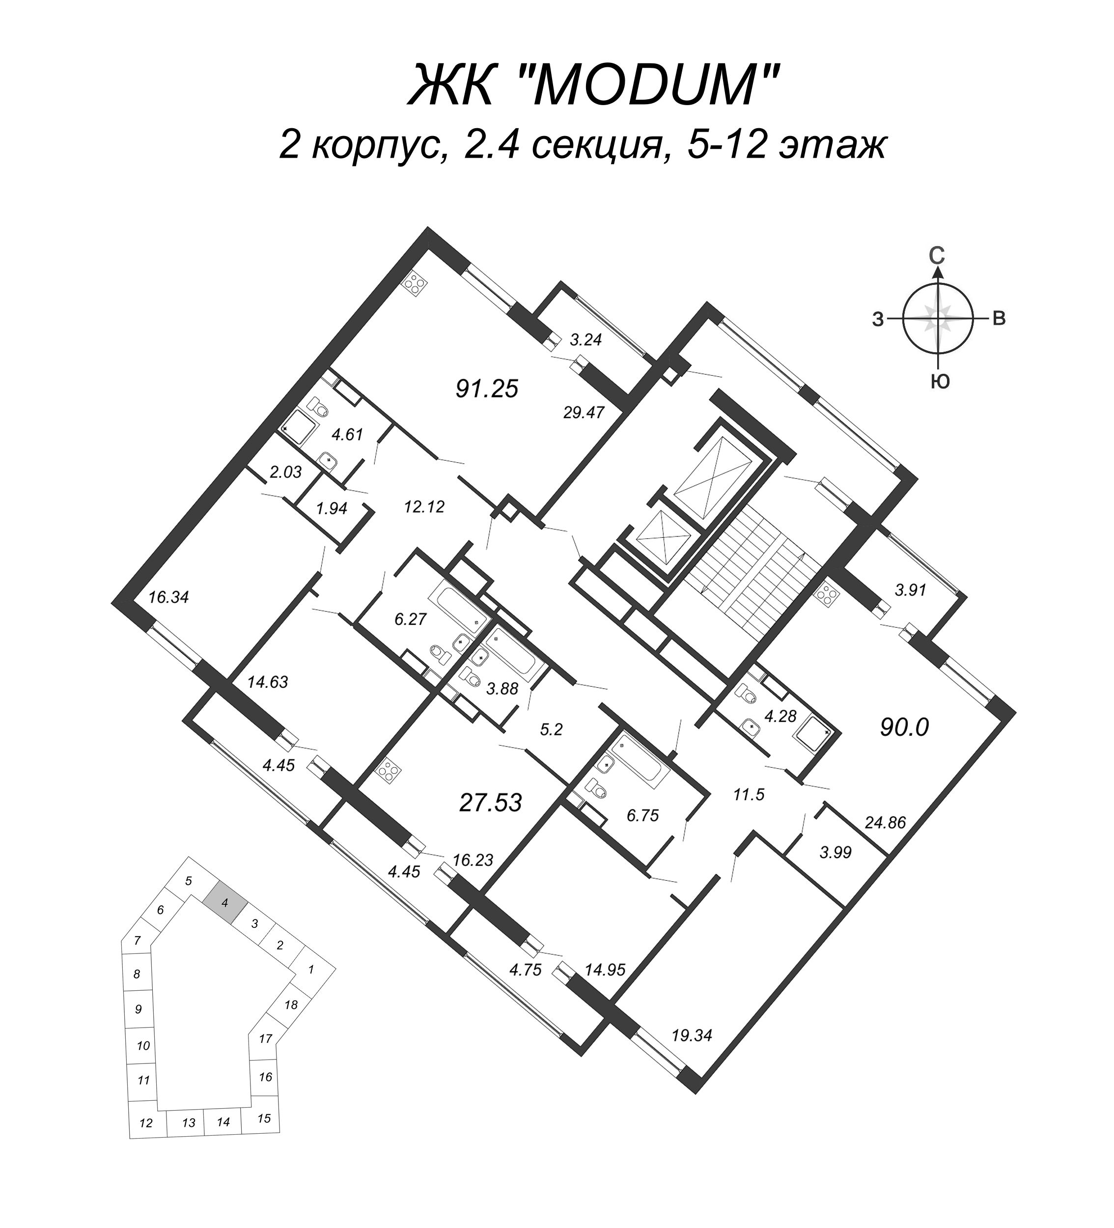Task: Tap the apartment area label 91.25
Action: [487, 389]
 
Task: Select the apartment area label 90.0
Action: [904, 726]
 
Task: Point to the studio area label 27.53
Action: [490, 803]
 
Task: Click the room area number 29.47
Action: [584, 413]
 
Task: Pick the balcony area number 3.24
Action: [585, 340]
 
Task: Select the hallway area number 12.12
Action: [424, 506]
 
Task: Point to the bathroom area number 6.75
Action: [642, 815]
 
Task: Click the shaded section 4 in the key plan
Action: [225, 903]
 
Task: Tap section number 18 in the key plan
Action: [291, 1005]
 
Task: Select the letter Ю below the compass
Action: [940, 383]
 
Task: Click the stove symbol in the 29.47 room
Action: [416, 284]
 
